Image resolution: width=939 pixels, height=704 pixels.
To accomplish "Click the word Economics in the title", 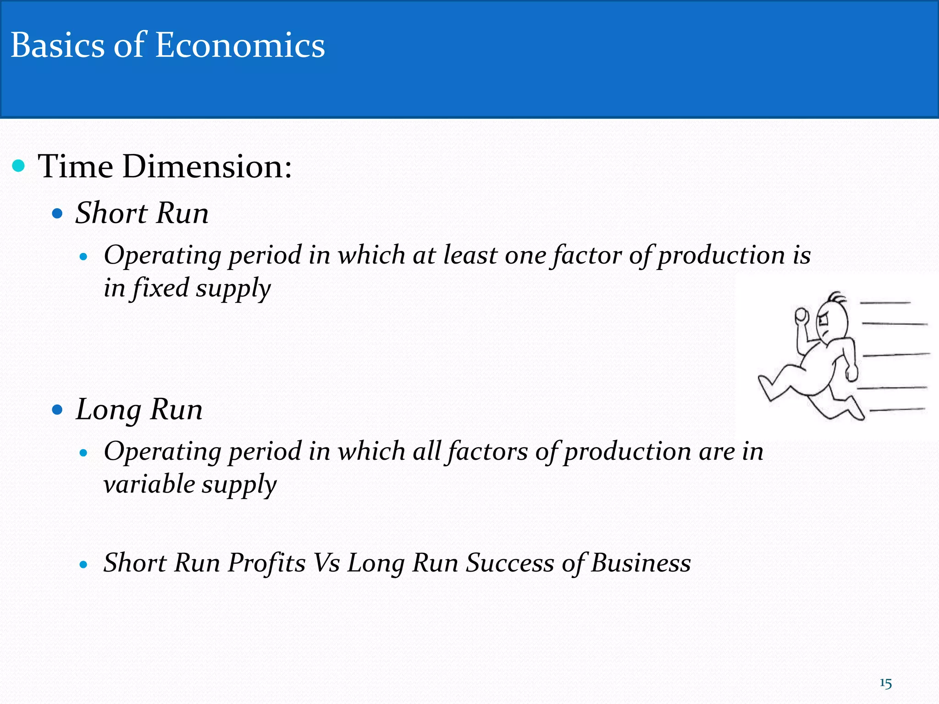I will [240, 46].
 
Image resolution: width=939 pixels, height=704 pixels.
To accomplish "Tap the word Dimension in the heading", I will [207, 166].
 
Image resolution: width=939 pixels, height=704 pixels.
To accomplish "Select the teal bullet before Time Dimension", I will [18, 166].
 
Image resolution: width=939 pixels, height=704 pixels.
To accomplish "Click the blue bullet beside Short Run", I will [57, 214].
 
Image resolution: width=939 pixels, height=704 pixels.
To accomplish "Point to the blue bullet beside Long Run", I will [57, 409].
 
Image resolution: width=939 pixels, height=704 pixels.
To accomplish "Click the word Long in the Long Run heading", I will [108, 410].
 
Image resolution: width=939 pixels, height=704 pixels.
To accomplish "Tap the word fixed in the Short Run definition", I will [161, 288].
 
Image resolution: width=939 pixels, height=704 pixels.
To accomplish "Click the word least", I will [470, 255].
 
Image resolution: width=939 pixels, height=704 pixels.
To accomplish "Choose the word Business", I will [641, 563].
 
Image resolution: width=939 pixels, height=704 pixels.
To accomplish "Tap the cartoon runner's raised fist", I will [801, 315].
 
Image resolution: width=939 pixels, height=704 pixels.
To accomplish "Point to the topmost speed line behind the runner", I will [885, 303].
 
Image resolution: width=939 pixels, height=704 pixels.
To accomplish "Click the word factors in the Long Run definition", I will [488, 451].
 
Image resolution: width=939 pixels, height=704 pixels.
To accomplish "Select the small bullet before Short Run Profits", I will [83, 565].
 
